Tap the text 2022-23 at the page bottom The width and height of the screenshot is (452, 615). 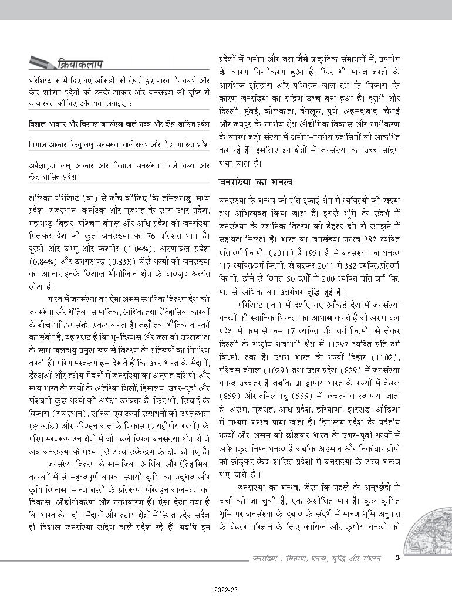[225, 592]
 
